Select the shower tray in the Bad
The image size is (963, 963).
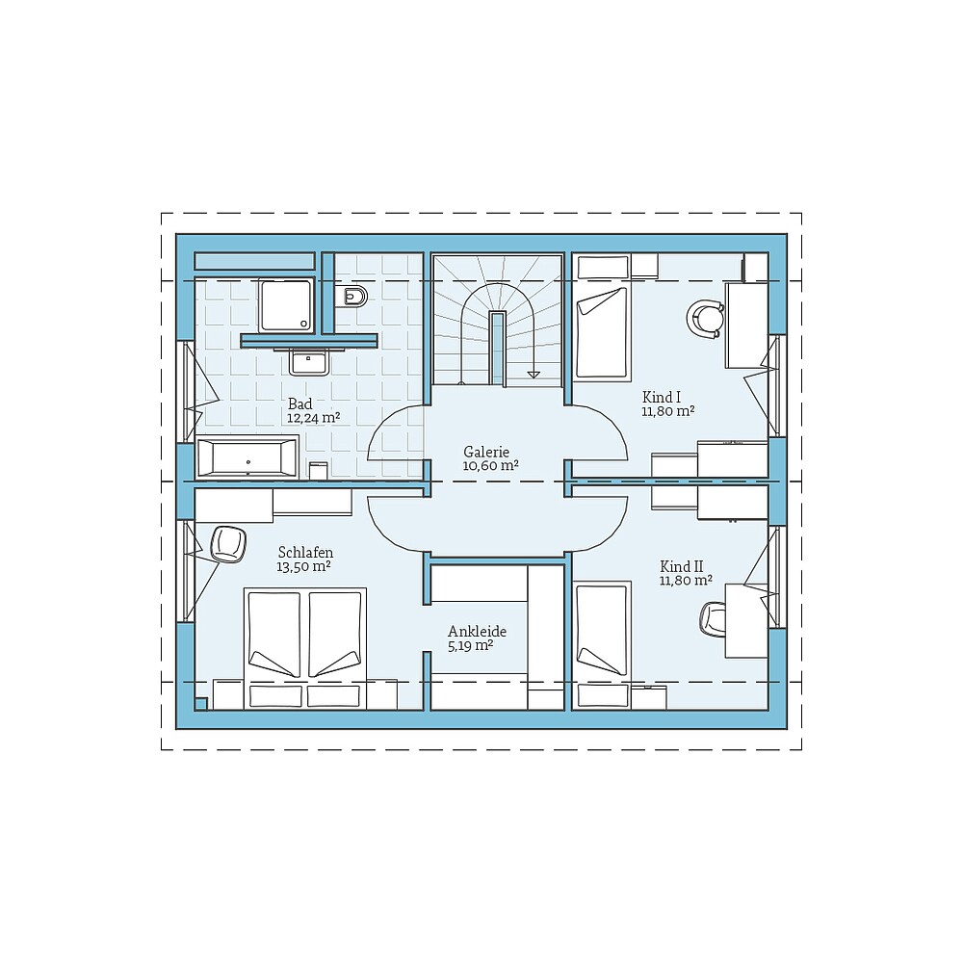(286, 305)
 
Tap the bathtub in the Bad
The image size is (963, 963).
(247, 456)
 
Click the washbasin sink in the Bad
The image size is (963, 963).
(309, 362)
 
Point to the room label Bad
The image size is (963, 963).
(300, 403)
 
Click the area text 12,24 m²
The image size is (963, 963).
(313, 418)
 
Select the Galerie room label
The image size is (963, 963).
(486, 452)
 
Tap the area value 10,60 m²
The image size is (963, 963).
(490, 465)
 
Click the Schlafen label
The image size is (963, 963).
(305, 552)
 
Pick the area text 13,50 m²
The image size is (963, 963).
(303, 566)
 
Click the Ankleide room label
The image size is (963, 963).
(478, 632)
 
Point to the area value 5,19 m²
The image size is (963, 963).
(471, 645)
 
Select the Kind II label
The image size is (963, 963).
(682, 566)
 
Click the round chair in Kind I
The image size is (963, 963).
(705, 319)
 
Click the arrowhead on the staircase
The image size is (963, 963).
(534, 374)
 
